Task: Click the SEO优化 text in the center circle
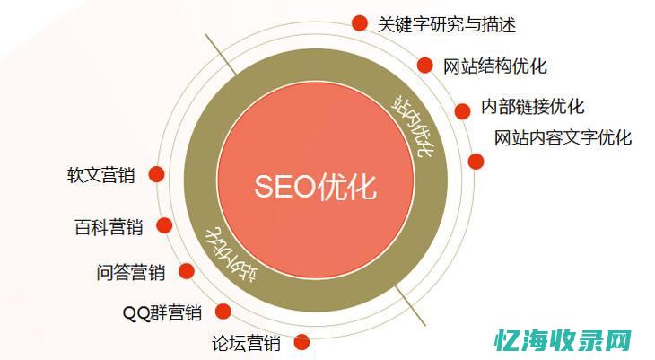point(315,186)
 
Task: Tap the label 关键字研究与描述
point(447,24)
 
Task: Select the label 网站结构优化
point(494,66)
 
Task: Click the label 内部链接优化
point(532,106)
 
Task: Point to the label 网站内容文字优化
point(563,137)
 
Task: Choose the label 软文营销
point(100,175)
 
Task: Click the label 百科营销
point(108,226)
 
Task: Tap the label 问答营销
point(130,271)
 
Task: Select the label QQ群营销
point(162,312)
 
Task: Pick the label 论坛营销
point(246,342)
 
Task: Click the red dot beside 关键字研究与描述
point(359,22)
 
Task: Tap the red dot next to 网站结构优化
point(424,65)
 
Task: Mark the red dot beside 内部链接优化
point(462,111)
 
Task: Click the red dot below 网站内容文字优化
point(476,162)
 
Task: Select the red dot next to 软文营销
point(156,174)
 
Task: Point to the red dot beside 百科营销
point(163,225)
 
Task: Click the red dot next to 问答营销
point(186,270)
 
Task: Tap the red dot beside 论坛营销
point(301,341)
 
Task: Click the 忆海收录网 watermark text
point(556,340)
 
